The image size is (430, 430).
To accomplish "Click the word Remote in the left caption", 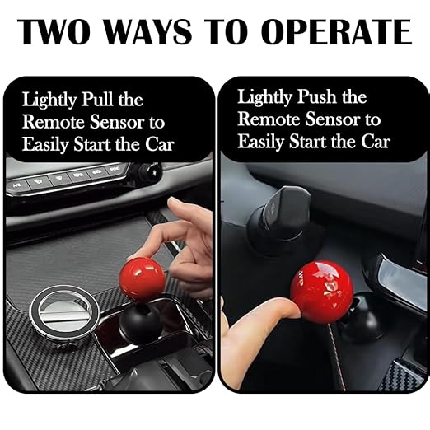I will [50, 121].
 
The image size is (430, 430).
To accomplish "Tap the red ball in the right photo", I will [321, 292].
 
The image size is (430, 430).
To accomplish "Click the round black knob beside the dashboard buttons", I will [149, 172].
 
